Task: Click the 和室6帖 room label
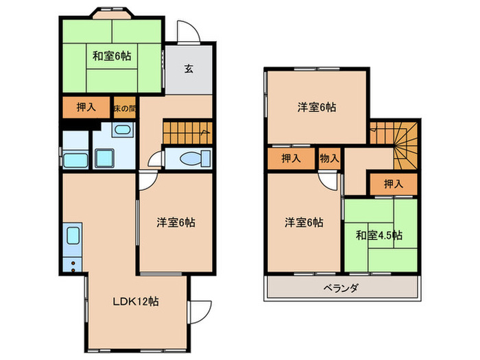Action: (x=111, y=56)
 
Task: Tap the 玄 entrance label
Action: (x=188, y=68)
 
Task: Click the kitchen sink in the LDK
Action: (x=73, y=237)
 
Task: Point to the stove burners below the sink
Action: (x=72, y=261)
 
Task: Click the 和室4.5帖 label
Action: (x=379, y=235)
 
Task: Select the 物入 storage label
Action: (x=329, y=158)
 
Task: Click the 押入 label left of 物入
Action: (x=291, y=158)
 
